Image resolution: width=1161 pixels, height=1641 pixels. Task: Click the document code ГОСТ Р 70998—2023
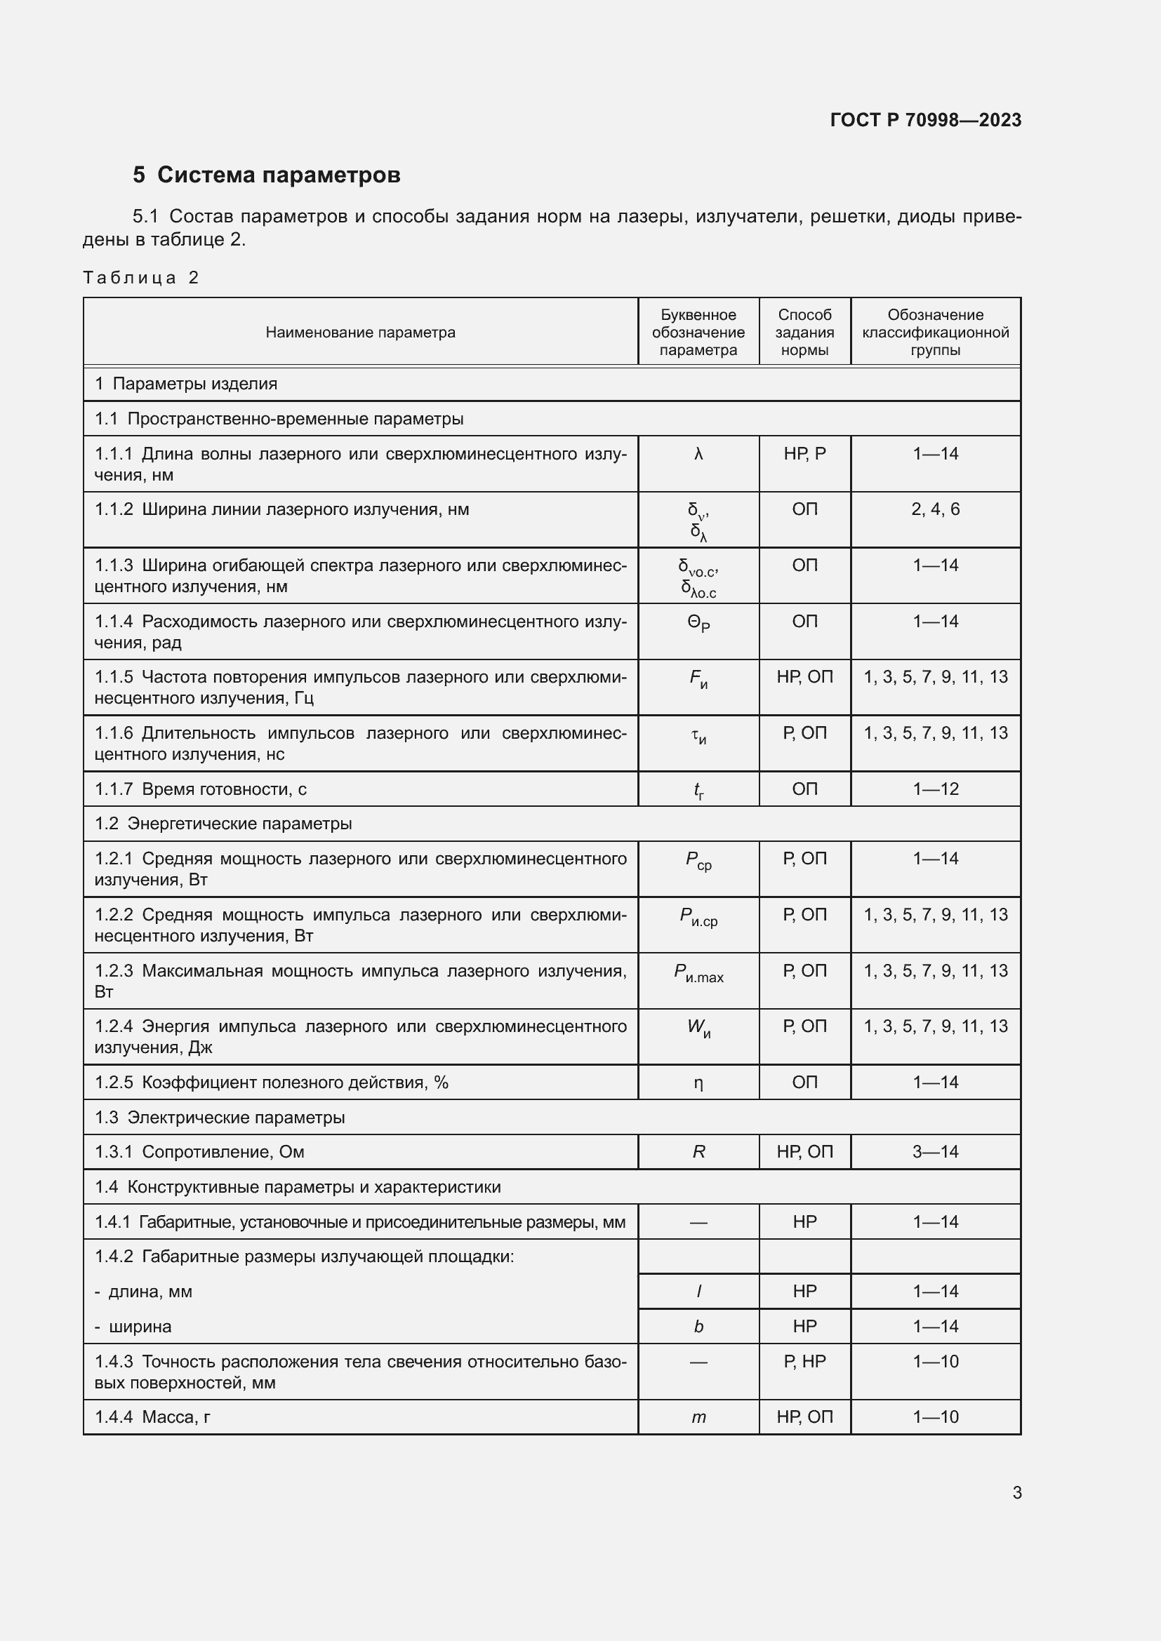coord(925,120)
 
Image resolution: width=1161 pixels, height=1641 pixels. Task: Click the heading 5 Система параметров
coord(266,175)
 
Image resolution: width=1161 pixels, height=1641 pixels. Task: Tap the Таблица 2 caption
coord(140,278)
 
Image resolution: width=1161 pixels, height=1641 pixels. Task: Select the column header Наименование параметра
coord(360,333)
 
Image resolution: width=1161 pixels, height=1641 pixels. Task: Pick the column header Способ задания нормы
coord(804,333)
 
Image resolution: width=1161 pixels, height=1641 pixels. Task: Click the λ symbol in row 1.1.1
coord(698,454)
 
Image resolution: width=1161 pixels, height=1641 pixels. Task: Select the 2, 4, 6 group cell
coord(935,509)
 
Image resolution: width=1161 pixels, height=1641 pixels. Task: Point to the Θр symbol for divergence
coord(698,623)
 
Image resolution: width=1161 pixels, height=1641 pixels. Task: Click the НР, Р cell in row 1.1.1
coord(804,454)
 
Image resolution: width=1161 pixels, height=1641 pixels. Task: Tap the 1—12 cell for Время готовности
coord(935,789)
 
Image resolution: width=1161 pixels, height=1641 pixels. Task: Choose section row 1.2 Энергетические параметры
coord(223,824)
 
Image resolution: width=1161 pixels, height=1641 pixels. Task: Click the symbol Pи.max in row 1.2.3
coord(698,972)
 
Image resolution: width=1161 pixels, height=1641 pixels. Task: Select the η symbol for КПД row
coord(698,1083)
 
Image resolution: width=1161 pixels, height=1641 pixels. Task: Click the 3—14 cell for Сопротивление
coord(935,1152)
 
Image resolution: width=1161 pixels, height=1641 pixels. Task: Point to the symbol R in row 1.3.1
coord(698,1152)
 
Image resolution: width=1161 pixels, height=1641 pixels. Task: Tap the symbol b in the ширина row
coord(698,1327)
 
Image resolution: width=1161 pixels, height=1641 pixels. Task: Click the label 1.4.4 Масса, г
coord(152,1417)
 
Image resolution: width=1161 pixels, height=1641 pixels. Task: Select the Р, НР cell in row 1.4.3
coord(804,1362)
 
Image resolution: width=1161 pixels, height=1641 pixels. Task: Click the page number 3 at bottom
coord(1016,1492)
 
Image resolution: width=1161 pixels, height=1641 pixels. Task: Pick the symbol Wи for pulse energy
coord(698,1029)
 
